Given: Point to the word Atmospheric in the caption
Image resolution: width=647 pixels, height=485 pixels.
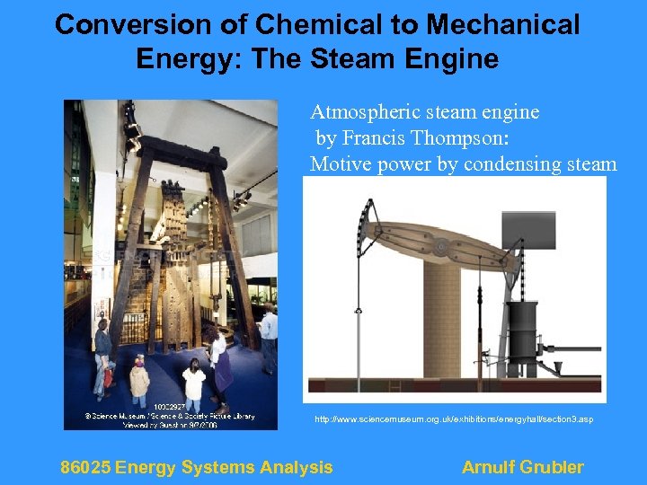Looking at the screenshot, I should click(358, 112).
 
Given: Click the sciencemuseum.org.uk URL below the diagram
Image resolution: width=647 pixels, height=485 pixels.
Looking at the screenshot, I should click(453, 419).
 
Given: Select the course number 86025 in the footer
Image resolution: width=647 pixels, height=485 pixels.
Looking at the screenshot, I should click(84, 467).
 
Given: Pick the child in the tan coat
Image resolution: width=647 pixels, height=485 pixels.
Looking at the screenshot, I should click(139, 381).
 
